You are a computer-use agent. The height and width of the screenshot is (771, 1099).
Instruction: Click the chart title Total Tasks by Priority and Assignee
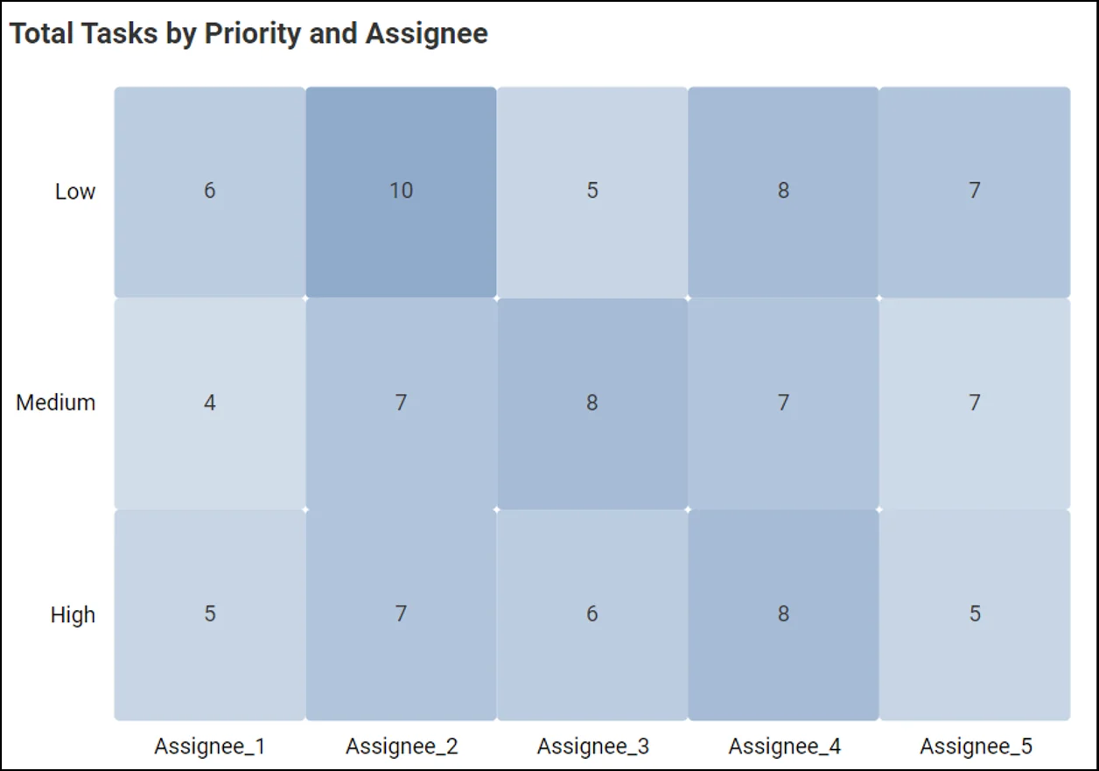pos(248,34)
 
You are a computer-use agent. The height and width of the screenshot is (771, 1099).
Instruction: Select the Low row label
pos(74,192)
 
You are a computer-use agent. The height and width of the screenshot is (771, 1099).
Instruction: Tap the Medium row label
pos(56,403)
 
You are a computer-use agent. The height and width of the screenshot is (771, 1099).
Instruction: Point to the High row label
pos(73,615)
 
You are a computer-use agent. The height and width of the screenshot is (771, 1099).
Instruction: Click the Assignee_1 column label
pos(209,746)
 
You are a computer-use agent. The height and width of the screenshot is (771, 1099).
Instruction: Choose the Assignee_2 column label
pos(401,746)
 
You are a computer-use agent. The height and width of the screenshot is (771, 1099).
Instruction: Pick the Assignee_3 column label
pos(592,746)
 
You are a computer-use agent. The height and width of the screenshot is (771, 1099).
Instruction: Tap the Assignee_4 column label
pos(784,746)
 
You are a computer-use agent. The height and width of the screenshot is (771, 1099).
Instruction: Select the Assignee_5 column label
pos(976,746)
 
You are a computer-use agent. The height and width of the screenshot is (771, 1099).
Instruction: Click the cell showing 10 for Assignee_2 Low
pos(401,192)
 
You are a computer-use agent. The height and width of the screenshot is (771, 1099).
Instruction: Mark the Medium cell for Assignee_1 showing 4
pos(209,403)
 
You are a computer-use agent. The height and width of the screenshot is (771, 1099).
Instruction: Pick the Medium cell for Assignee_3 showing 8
pos(592,403)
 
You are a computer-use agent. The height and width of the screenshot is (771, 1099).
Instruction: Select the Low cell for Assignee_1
pos(209,192)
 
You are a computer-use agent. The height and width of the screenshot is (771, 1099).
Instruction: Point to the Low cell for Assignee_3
pos(592,192)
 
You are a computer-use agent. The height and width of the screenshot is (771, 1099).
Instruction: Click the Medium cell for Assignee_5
pos(975,403)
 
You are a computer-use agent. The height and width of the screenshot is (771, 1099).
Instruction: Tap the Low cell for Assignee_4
pos(783,192)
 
